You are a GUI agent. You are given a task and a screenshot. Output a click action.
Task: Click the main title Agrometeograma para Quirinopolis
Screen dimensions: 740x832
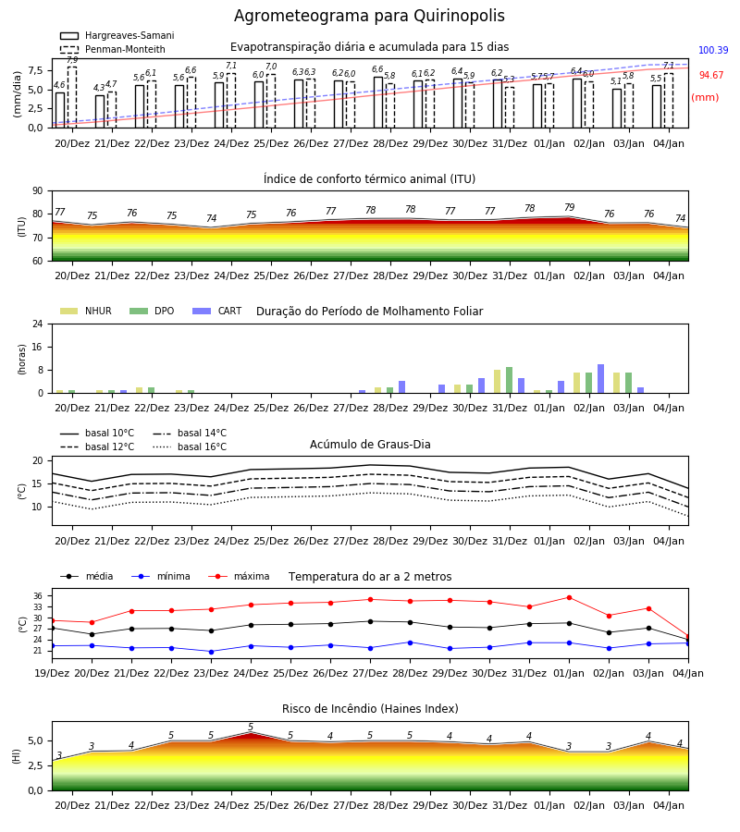tap(369, 16)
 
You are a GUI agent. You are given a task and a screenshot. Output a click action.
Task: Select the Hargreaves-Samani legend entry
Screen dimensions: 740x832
tap(117, 35)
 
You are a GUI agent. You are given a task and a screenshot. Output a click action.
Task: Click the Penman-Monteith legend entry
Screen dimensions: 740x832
tap(113, 49)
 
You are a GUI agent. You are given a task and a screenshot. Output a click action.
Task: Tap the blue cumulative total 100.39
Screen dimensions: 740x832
tap(713, 51)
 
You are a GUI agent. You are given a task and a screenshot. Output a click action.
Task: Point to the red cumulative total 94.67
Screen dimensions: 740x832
tap(711, 76)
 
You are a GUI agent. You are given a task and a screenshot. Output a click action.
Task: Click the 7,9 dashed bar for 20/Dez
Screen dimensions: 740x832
tap(72, 97)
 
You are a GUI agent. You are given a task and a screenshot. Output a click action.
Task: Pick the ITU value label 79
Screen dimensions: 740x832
tap(569, 207)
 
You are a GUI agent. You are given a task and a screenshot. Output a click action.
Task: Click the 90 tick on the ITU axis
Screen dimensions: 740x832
tap(38, 191)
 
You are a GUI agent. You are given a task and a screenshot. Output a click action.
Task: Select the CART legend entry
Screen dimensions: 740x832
tap(217, 311)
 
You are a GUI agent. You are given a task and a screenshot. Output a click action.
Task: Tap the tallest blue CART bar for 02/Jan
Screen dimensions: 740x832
tap(601, 379)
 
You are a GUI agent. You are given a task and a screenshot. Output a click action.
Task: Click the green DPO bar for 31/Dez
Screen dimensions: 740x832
tap(509, 380)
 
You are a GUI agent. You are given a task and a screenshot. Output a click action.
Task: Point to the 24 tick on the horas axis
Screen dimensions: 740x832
tap(38, 324)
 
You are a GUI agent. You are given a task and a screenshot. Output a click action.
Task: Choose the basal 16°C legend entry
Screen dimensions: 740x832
tap(190, 447)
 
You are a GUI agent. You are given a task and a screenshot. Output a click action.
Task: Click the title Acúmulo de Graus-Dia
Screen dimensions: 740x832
tap(370, 445)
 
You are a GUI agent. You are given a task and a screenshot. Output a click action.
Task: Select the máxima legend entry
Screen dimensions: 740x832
tap(239, 576)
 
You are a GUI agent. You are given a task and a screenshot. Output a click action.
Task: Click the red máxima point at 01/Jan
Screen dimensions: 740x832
tap(570, 597)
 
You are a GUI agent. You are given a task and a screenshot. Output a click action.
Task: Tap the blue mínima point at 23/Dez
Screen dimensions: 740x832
tap(211, 652)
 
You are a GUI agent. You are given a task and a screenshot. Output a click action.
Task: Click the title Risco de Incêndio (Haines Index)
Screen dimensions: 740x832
tap(370, 709)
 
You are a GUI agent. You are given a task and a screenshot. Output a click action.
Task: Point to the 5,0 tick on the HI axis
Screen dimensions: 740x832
tap(36, 740)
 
